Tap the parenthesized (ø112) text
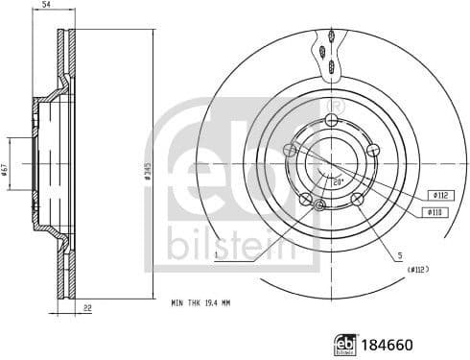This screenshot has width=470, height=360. [x=414, y=270]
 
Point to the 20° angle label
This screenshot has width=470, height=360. [x=337, y=180]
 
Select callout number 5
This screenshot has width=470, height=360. [x=399, y=255]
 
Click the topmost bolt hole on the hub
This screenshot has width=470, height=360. [x=332, y=119]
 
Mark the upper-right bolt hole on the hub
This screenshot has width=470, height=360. [x=374, y=149]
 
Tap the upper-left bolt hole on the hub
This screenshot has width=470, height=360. [x=290, y=149]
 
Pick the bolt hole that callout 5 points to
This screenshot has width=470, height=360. [x=358, y=199]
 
